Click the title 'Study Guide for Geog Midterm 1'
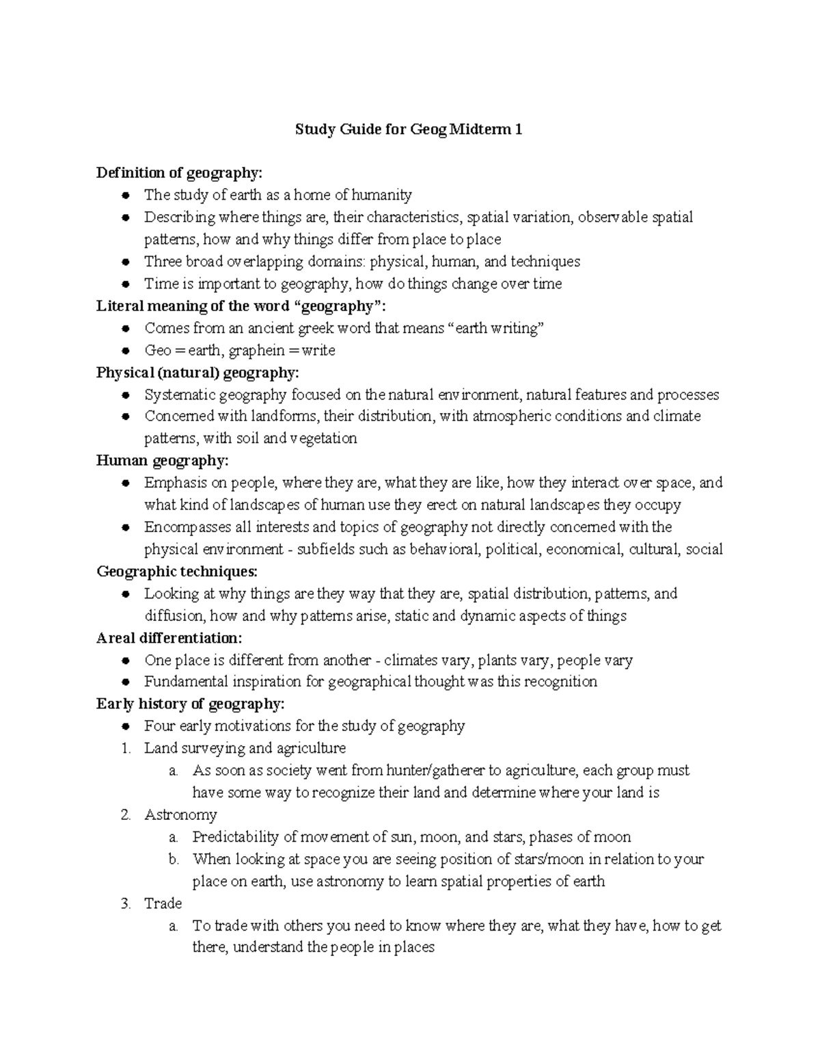pos(409,129)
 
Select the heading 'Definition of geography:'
pos(179,173)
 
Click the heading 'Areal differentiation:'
pos(169,638)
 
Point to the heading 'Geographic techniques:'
pos(177,571)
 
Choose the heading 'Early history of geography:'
pos(190,704)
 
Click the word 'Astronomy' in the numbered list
pos(180,815)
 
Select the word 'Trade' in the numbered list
pos(163,904)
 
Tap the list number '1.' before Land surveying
pos(126,749)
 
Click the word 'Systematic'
pos(177,395)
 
